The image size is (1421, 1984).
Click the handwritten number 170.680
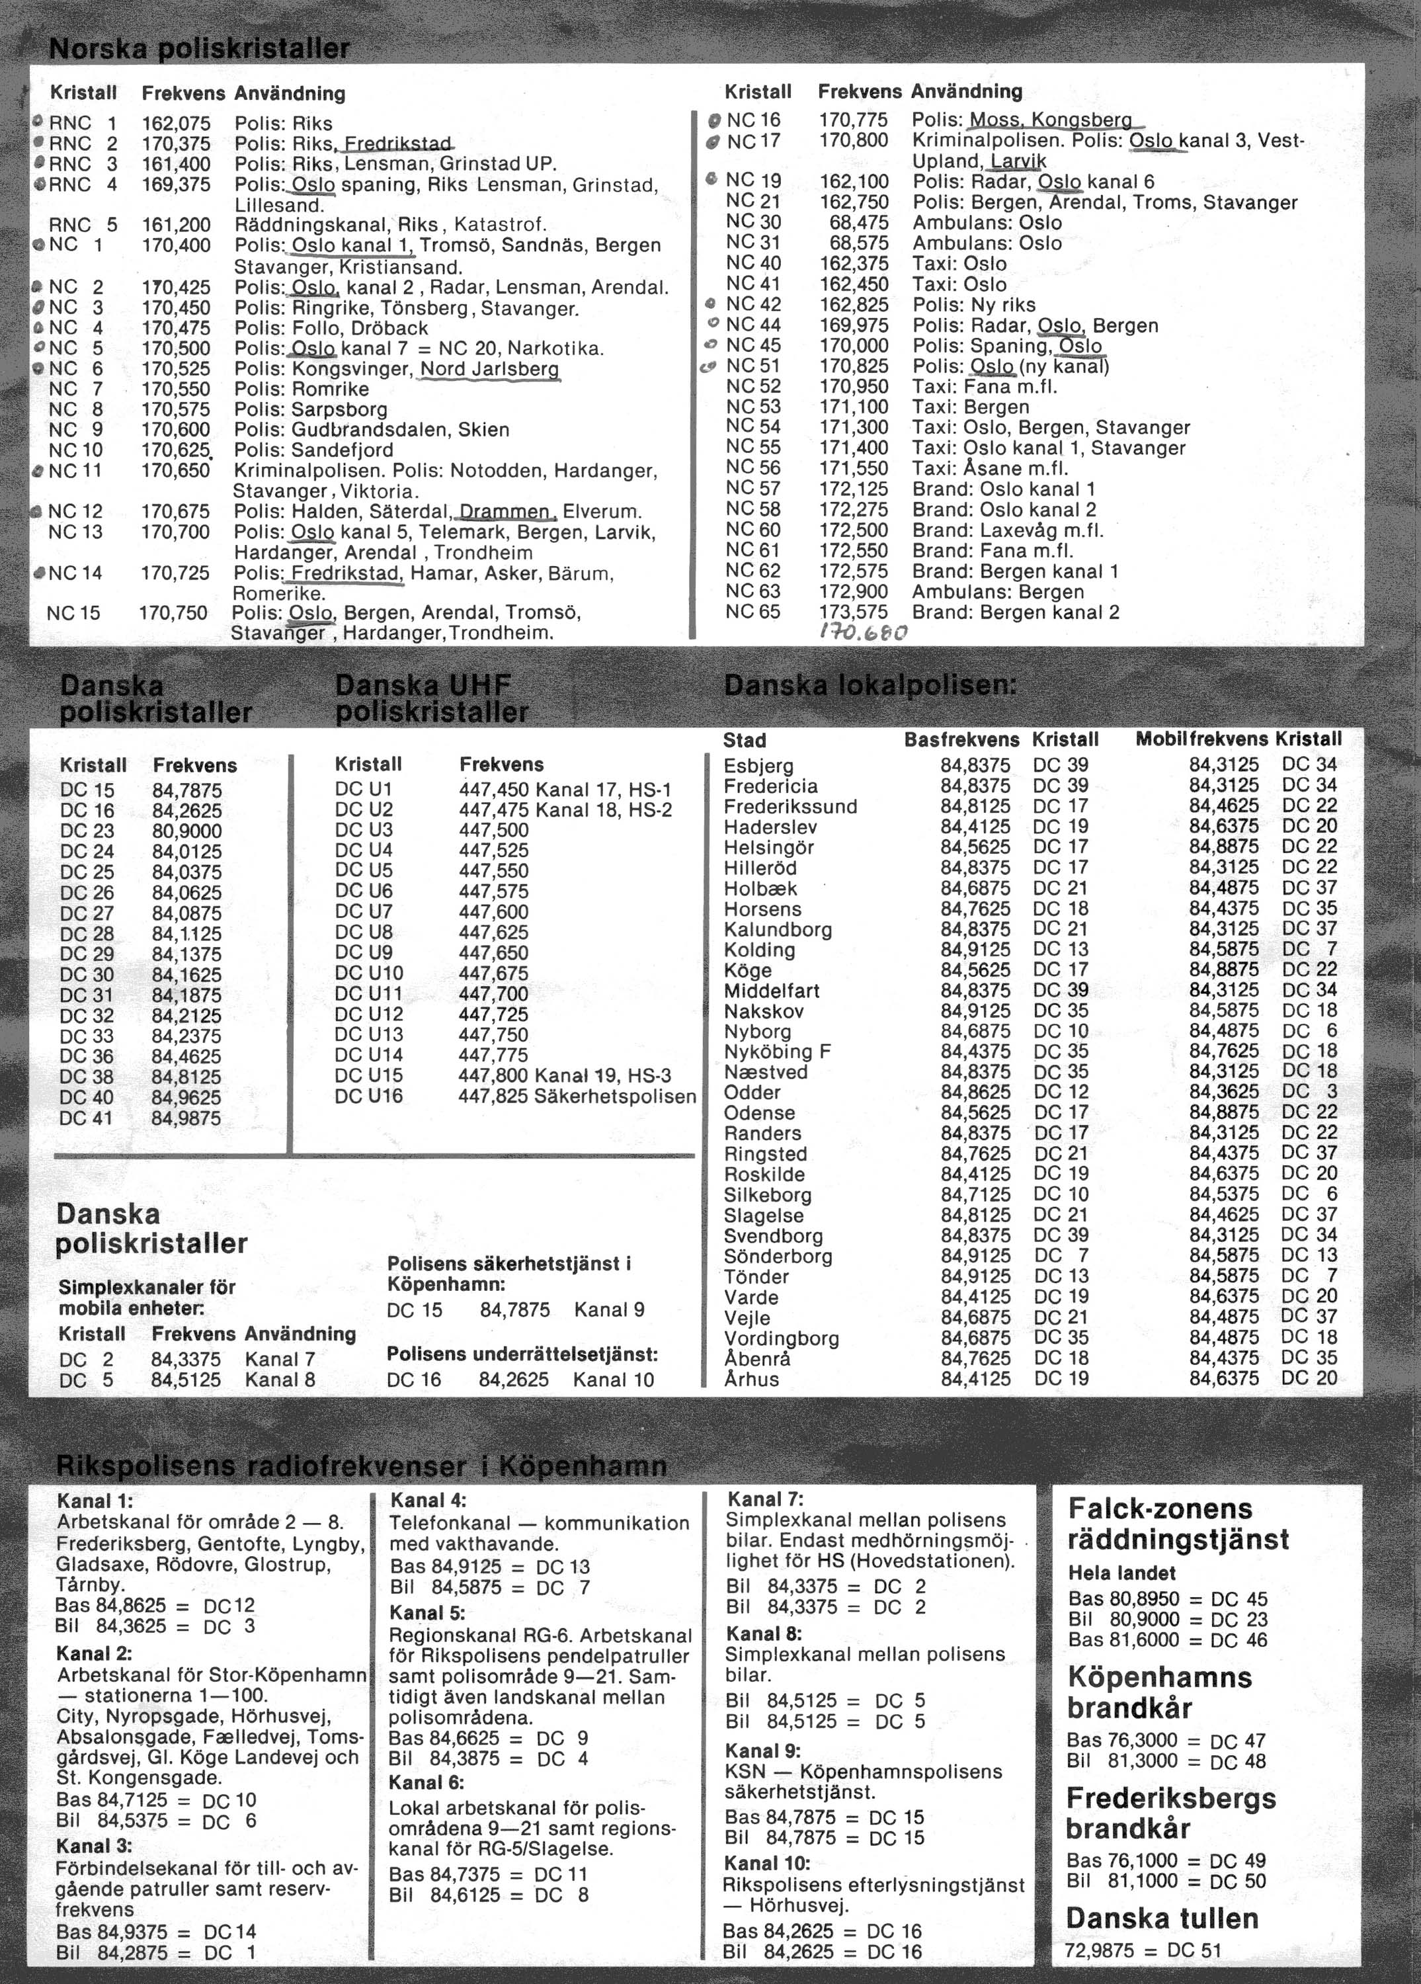(x=863, y=632)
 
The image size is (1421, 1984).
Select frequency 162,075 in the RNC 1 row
(x=176, y=124)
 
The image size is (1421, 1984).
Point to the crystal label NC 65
(x=753, y=612)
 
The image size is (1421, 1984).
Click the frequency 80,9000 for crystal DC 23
(x=186, y=831)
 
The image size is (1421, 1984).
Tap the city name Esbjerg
(x=758, y=765)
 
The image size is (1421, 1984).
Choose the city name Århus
(x=751, y=1380)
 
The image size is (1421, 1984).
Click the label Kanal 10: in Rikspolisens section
(x=767, y=1863)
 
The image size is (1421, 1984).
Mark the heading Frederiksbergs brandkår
(x=1169, y=1813)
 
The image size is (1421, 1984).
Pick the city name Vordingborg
(x=781, y=1339)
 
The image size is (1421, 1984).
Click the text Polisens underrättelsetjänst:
(x=522, y=1354)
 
